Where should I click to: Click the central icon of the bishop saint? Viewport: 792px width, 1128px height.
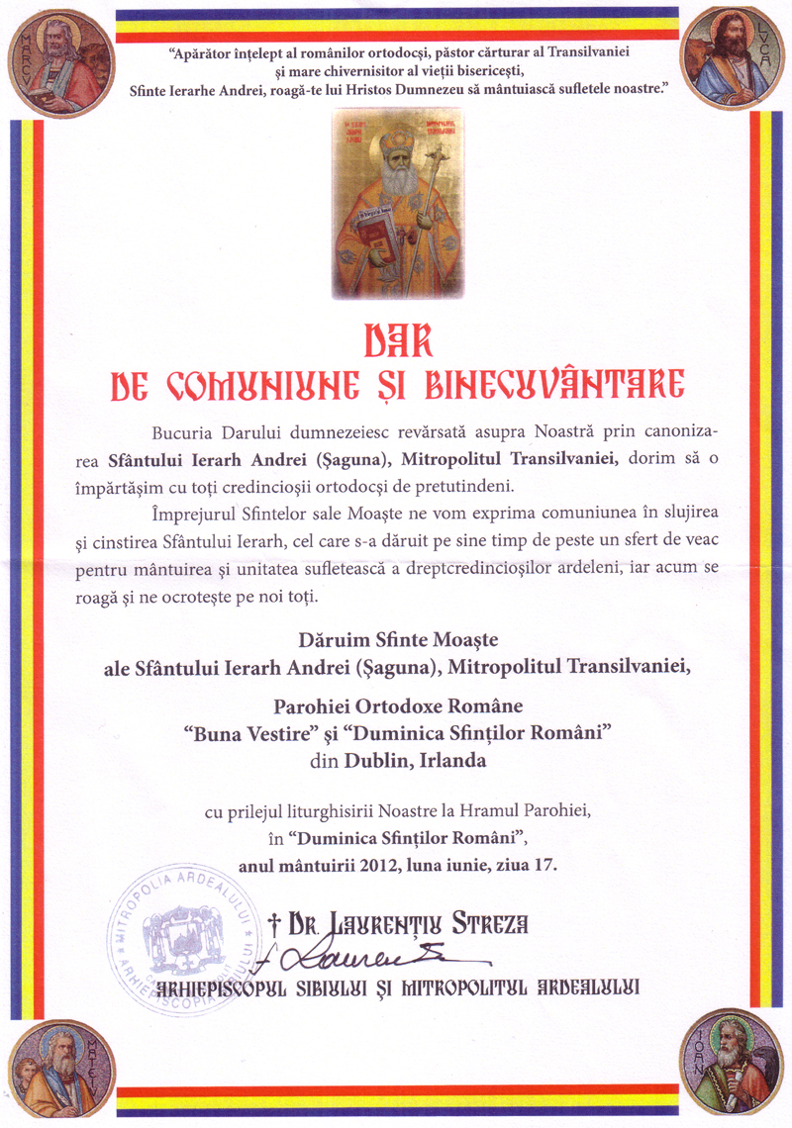(x=398, y=204)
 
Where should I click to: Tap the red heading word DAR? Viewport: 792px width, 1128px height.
(x=396, y=339)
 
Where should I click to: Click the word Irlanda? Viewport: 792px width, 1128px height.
(x=455, y=761)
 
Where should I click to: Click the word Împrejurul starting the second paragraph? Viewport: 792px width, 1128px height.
(x=190, y=510)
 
